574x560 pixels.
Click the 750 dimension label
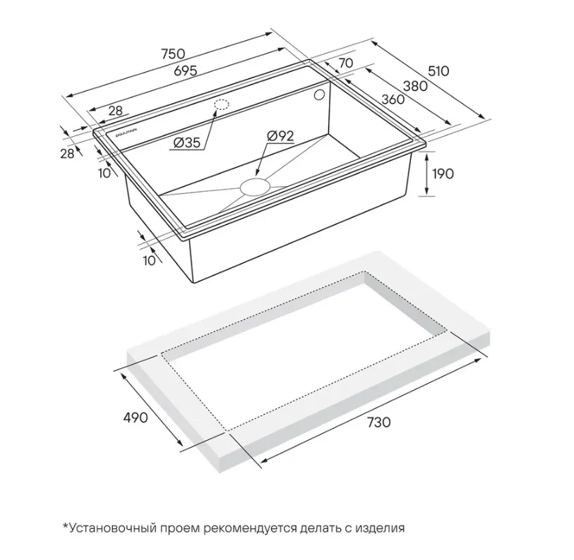174,54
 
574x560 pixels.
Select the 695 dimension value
185,71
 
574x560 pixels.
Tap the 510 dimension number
438,71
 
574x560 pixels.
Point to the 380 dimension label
415,86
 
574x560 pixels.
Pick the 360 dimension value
393,99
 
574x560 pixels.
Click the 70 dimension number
346,63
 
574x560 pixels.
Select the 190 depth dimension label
443,174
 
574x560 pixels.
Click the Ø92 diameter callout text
280,136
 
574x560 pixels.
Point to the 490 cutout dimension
135,418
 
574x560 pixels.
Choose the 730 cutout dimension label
379,422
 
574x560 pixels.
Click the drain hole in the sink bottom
255,186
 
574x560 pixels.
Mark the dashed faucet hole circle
221,105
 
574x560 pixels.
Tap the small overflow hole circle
319,95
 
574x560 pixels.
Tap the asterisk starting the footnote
66,526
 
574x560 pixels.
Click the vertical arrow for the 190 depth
426,174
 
